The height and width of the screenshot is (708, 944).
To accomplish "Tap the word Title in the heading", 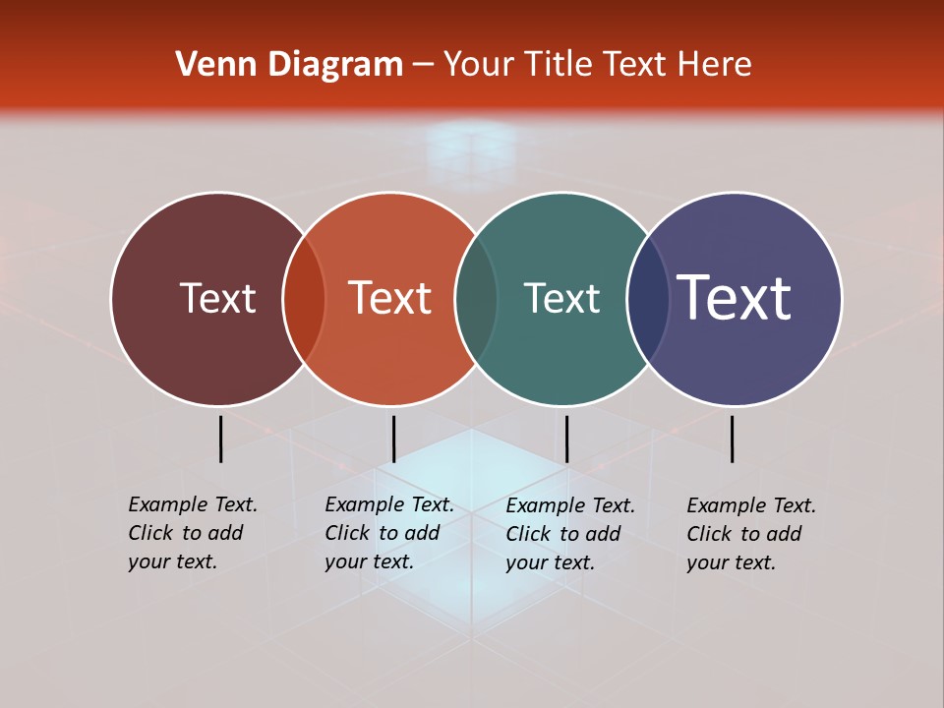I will (x=558, y=65).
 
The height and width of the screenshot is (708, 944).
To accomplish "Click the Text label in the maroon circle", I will (x=217, y=298).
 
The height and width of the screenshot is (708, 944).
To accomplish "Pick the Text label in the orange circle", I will (x=389, y=298).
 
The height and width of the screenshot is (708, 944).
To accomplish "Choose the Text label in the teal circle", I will (x=561, y=298).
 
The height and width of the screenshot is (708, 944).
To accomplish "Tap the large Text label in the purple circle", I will (x=735, y=298).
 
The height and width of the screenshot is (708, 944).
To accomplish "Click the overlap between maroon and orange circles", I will (x=304, y=299).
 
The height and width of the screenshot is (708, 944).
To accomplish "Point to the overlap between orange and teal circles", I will (x=476, y=299).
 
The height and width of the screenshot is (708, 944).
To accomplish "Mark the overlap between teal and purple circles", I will (x=647, y=299).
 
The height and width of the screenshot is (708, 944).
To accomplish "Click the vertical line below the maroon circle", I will (x=220, y=439).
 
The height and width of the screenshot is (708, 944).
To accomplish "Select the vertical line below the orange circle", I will (x=393, y=439).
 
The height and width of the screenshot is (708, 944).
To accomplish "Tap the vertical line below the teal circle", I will (x=566, y=439).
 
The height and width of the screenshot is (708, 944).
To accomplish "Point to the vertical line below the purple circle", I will (x=732, y=439).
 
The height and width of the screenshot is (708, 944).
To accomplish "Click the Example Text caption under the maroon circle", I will (x=192, y=533).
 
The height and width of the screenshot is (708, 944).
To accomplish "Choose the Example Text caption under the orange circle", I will (x=388, y=533).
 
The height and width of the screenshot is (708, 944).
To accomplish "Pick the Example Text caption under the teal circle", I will (x=569, y=534).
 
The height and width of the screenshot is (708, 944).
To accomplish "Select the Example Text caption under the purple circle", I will (x=750, y=534).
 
